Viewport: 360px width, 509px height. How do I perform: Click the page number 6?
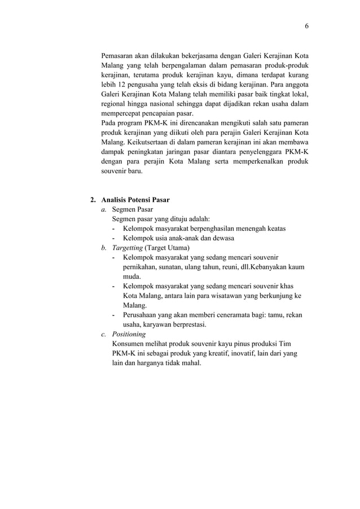pyautogui.click(x=307, y=26)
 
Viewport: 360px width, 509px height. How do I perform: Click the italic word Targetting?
pyautogui.click(x=128, y=248)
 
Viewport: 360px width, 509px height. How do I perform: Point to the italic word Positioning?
pyautogui.click(x=129, y=334)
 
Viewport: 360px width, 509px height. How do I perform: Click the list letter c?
pyautogui.click(x=103, y=334)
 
